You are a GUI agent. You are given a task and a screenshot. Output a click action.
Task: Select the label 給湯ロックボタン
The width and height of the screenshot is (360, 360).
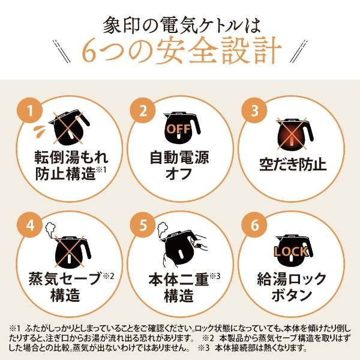(292, 287)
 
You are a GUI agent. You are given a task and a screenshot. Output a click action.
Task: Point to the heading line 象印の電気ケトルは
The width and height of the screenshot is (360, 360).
(179, 18)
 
